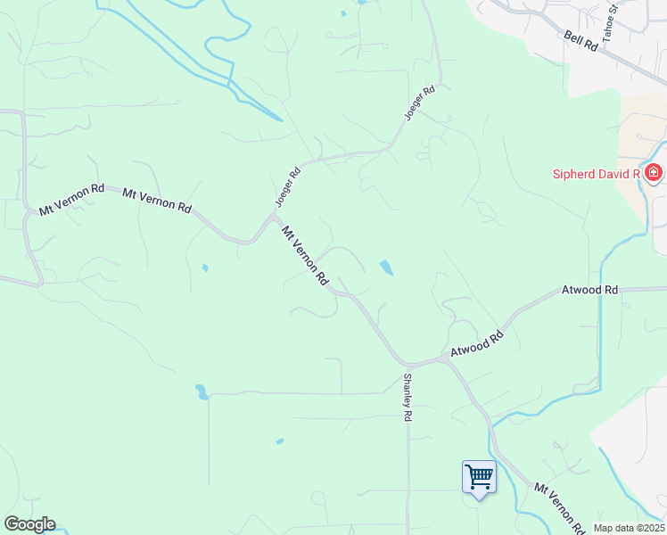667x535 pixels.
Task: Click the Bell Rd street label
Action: [x=581, y=43]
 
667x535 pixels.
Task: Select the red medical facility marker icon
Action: [x=654, y=173]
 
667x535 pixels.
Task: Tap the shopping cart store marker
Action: [x=479, y=477]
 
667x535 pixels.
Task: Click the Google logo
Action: [x=29, y=524]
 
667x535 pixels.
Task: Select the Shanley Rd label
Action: [x=408, y=397]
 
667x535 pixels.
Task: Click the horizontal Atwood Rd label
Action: [x=589, y=291]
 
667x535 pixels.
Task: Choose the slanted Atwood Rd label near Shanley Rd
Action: [x=477, y=344]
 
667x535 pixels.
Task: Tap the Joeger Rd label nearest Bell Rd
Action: [x=419, y=103]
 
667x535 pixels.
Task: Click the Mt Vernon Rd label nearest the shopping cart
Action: [x=558, y=506]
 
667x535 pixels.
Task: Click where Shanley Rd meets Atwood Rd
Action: [x=408, y=365]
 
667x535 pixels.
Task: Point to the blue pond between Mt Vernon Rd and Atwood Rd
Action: [x=386, y=267]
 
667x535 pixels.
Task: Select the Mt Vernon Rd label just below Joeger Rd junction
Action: [x=305, y=255]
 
